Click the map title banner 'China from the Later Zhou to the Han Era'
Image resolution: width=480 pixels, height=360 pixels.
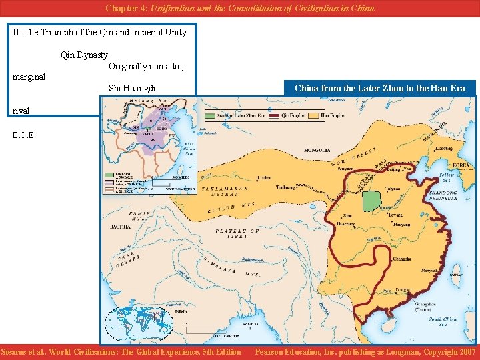[x=379, y=88]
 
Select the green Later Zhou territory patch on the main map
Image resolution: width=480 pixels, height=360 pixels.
[x=370, y=201]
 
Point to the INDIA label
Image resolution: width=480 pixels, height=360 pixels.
[x=181, y=311]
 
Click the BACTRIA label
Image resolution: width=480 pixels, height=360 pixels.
[x=120, y=227]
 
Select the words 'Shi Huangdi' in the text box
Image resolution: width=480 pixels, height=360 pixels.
[x=132, y=88]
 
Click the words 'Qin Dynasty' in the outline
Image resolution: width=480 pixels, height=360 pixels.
[x=84, y=55]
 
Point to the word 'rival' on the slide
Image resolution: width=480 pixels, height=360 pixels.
[x=21, y=111]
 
